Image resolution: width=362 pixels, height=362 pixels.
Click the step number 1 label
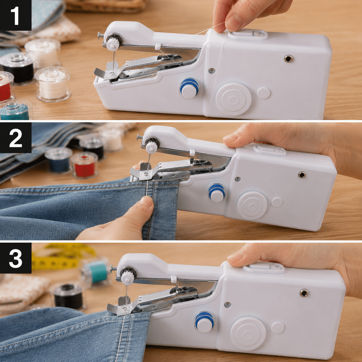pos(16,15)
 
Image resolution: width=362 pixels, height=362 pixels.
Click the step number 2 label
pos(16,138)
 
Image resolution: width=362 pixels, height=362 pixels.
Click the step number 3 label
pos(16,258)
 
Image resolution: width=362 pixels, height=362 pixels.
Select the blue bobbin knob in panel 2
pos(217,193)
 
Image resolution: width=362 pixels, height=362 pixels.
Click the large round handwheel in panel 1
pos(234,99)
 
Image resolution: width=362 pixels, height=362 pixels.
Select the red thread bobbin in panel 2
pos(84,165)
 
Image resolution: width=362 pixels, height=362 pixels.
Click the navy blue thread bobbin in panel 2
pos(59,160)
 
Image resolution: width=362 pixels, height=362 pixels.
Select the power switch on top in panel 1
pos(248,34)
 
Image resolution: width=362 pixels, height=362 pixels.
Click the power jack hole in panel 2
pos(301,175)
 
